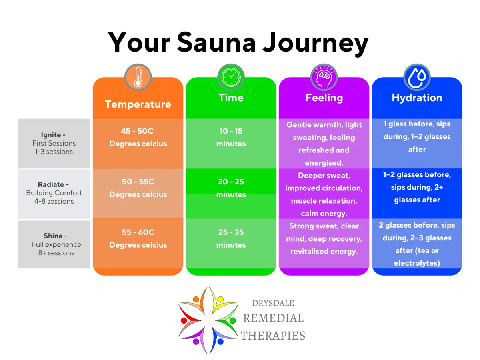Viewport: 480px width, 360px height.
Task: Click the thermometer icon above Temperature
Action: click(138, 77)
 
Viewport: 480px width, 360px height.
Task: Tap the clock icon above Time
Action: click(231, 77)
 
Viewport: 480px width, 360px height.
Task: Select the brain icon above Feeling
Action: click(324, 77)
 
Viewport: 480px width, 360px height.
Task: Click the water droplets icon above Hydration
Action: click(417, 77)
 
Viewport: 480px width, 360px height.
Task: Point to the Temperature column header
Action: click(138, 104)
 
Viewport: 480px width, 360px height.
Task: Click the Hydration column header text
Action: click(417, 98)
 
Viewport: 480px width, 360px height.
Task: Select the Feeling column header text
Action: click(324, 98)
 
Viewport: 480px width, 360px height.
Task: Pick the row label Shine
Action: click(53, 236)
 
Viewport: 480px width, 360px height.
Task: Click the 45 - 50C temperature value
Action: click(138, 131)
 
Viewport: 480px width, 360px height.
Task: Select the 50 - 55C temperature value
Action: click(138, 182)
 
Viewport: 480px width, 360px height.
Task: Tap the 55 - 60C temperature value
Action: click(138, 232)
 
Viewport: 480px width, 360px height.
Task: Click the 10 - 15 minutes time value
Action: click(231, 131)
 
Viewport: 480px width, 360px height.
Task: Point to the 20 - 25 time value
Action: click(231, 182)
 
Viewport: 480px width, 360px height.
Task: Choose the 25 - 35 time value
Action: click(231, 232)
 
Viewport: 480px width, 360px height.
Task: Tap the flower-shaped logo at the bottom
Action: click(208, 320)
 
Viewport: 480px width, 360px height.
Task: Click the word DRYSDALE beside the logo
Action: click(273, 303)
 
